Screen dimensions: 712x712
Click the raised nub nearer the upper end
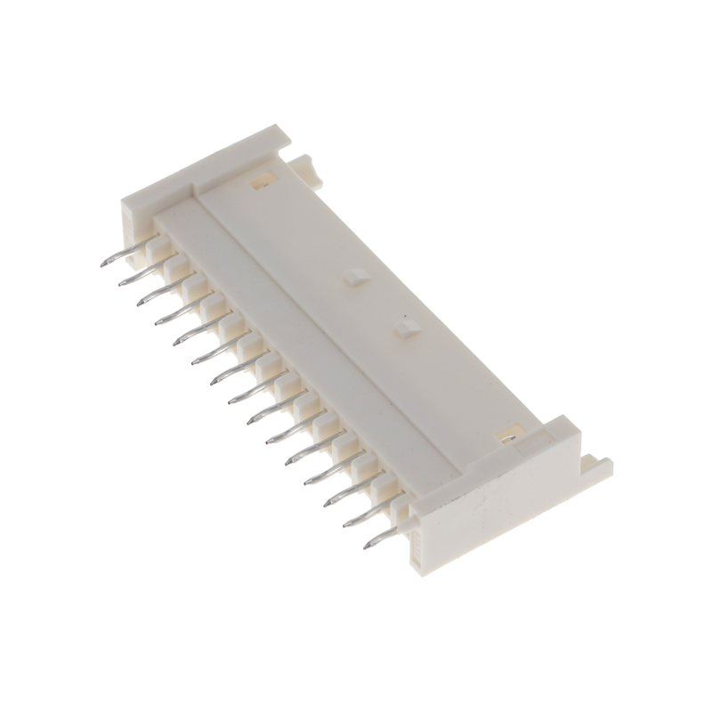pyautogui.click(x=353, y=277)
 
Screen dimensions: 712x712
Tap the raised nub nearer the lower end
pyautogui.click(x=406, y=328)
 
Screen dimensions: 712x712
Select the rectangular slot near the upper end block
pyautogui.click(x=263, y=181)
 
